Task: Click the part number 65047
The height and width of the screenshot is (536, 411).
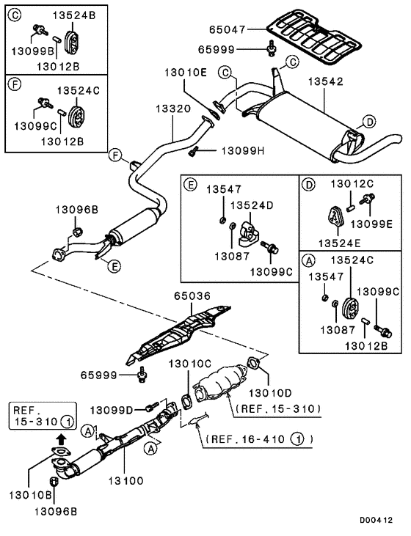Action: pos(228,30)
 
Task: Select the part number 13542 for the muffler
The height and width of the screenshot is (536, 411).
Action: pos(325,81)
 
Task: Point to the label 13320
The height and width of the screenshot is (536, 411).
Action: pos(173,109)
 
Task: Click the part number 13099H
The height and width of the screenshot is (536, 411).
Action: pos(243,150)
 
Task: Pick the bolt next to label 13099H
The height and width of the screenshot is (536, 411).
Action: pos(193,151)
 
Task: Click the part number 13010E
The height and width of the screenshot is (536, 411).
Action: pos(186,73)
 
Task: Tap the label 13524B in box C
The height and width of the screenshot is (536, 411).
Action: pos(74,15)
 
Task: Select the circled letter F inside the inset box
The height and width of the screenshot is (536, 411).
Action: pos(15,84)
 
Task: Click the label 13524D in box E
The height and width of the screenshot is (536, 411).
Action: pos(252,205)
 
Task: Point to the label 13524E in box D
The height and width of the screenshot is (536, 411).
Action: pos(340,243)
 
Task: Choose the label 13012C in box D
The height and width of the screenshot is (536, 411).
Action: pos(352,183)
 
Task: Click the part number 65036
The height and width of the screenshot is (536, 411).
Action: pos(192,295)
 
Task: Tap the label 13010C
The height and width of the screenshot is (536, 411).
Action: pos(190,364)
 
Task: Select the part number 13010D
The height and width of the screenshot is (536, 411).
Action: pos(270,393)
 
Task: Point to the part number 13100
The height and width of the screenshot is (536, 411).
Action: pos(126,480)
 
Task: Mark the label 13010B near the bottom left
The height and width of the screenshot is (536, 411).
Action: pos(30,495)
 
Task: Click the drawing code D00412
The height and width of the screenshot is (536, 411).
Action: pos(376,520)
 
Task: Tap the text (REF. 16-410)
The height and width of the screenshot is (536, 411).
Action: pos(259,439)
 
